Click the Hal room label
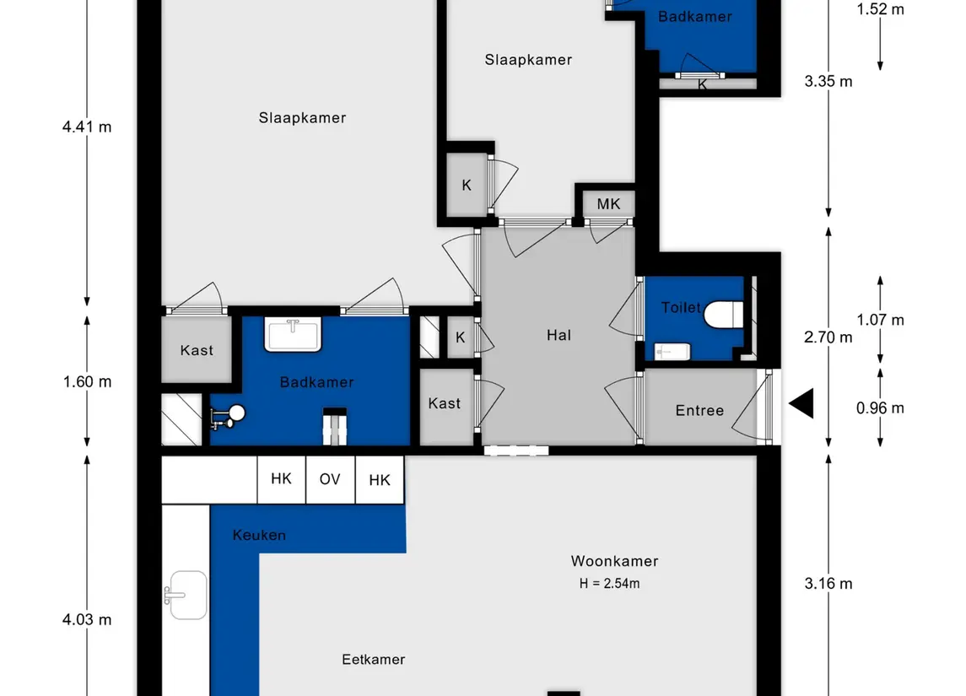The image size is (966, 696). [559, 335]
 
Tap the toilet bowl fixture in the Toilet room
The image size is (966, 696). [723, 314]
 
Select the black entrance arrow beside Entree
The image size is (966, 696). [801, 403]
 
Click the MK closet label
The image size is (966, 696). [608, 204]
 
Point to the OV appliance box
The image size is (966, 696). [330, 480]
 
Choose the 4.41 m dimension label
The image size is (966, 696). [87, 127]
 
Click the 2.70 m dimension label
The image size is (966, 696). [828, 337]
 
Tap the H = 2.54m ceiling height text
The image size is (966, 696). [609, 583]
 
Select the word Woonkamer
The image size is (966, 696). [614, 561]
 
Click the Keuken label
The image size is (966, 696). [259, 535]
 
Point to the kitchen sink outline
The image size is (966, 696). [186, 595]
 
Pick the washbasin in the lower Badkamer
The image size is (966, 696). [293, 334]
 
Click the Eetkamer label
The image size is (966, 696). [374, 660]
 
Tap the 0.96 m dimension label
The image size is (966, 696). [880, 407]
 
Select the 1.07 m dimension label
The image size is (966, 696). [880, 320]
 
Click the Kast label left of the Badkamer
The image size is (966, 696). [197, 350]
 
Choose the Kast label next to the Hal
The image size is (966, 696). [444, 403]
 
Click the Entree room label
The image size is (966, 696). [699, 410]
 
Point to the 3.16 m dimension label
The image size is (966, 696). [828, 583]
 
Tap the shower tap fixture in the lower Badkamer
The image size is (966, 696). [227, 417]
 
